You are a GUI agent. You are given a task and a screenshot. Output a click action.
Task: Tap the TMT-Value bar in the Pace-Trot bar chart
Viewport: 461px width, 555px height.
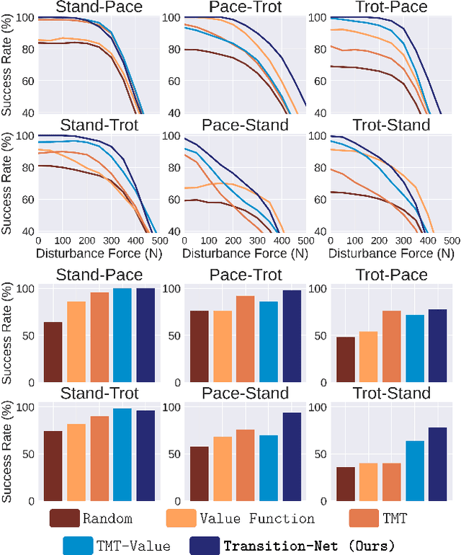pos(269,342)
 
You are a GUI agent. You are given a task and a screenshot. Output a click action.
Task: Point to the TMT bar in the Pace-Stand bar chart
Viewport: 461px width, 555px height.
pos(245,465)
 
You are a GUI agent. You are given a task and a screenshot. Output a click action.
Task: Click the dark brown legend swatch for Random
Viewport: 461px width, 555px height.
pos(65,518)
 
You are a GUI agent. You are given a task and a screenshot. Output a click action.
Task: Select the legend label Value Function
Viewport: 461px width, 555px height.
pos(256,518)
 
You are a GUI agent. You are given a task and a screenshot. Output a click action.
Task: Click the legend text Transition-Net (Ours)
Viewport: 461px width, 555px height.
pos(309,544)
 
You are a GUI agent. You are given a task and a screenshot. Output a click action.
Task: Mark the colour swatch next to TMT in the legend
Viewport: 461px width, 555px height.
pos(364,518)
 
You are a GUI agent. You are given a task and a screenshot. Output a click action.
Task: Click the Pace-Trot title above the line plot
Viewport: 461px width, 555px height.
pos(241,8)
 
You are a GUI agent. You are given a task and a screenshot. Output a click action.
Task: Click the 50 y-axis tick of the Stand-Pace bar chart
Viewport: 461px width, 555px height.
pos(30,336)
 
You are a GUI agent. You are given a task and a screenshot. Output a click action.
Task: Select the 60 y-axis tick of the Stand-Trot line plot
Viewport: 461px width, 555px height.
pos(27,199)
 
